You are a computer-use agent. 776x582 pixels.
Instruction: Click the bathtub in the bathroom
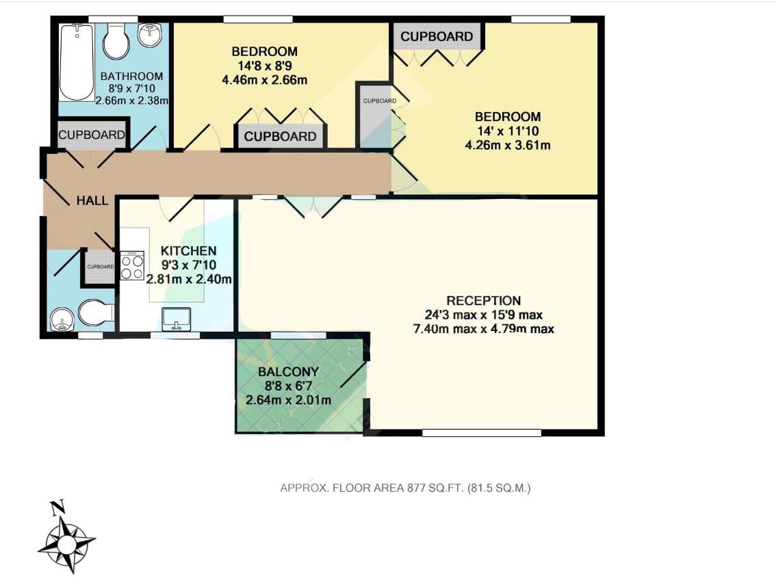pyautogui.click(x=76, y=62)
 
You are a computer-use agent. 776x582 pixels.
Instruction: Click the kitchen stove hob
pyautogui.click(x=132, y=265)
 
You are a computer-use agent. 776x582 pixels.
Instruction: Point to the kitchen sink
pyautogui.click(x=177, y=319)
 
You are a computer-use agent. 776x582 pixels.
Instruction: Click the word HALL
pyautogui.click(x=92, y=200)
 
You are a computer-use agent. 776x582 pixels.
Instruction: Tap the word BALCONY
pyautogui.click(x=288, y=372)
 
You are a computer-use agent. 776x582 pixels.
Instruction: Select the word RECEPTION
pyautogui.click(x=484, y=300)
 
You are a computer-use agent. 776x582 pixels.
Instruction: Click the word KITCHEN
pyautogui.click(x=188, y=251)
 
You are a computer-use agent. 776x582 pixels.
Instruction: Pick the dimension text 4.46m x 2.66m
pyautogui.click(x=264, y=79)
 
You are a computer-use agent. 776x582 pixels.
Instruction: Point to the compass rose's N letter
pyautogui.click(x=58, y=507)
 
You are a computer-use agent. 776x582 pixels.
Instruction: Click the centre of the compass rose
pyautogui.click(x=66, y=544)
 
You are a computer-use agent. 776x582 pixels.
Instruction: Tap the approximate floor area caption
pyautogui.click(x=406, y=488)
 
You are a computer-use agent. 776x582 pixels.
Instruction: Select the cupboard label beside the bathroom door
pyautogui.click(x=92, y=135)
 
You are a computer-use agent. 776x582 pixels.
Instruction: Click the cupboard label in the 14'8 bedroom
pyautogui.click(x=280, y=136)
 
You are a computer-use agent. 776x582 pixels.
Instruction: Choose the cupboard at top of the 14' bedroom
pyautogui.click(x=436, y=36)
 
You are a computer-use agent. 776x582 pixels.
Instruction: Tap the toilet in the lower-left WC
pyautogui.click(x=95, y=314)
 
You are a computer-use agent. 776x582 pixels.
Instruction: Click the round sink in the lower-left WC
pyautogui.click(x=63, y=319)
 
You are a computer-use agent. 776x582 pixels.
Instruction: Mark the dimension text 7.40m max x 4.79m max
pyautogui.click(x=484, y=328)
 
